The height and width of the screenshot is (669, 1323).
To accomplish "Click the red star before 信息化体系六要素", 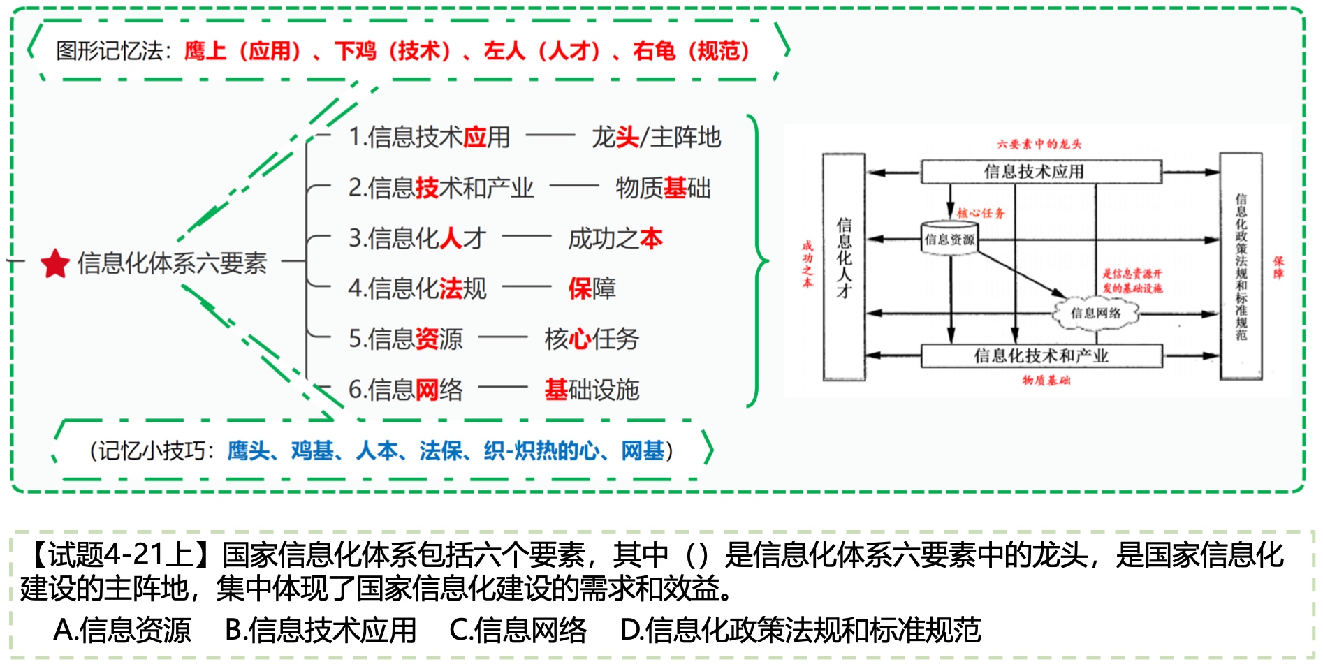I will click(55, 263).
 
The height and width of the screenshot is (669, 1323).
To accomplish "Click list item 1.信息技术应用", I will click(430, 137).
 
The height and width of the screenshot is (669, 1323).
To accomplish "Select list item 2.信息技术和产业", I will click(441, 188).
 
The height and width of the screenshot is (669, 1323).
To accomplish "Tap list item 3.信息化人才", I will click(417, 238).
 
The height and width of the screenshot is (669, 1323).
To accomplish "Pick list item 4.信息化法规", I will click(417, 288).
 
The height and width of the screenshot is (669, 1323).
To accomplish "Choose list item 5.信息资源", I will click(405, 339).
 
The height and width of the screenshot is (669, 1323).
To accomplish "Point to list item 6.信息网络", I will click(405, 390).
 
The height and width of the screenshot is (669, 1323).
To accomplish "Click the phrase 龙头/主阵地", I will click(656, 137).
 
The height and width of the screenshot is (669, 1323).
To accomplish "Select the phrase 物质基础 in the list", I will click(663, 188).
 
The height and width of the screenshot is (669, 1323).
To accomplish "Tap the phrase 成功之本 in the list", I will click(615, 238).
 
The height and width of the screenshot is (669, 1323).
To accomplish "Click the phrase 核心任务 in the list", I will click(591, 339).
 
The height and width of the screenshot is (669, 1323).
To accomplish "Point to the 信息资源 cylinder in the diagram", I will click(949, 239).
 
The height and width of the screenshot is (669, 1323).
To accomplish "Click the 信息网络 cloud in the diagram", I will click(1095, 313).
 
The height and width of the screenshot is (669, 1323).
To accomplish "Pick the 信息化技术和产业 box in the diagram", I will click(1041, 356).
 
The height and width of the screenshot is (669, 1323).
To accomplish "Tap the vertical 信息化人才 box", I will click(844, 265).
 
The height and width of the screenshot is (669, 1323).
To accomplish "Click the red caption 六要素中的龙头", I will click(1039, 144).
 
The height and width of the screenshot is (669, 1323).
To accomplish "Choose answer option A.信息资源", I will click(122, 630).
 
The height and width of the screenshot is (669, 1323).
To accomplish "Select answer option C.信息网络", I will click(518, 630).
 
